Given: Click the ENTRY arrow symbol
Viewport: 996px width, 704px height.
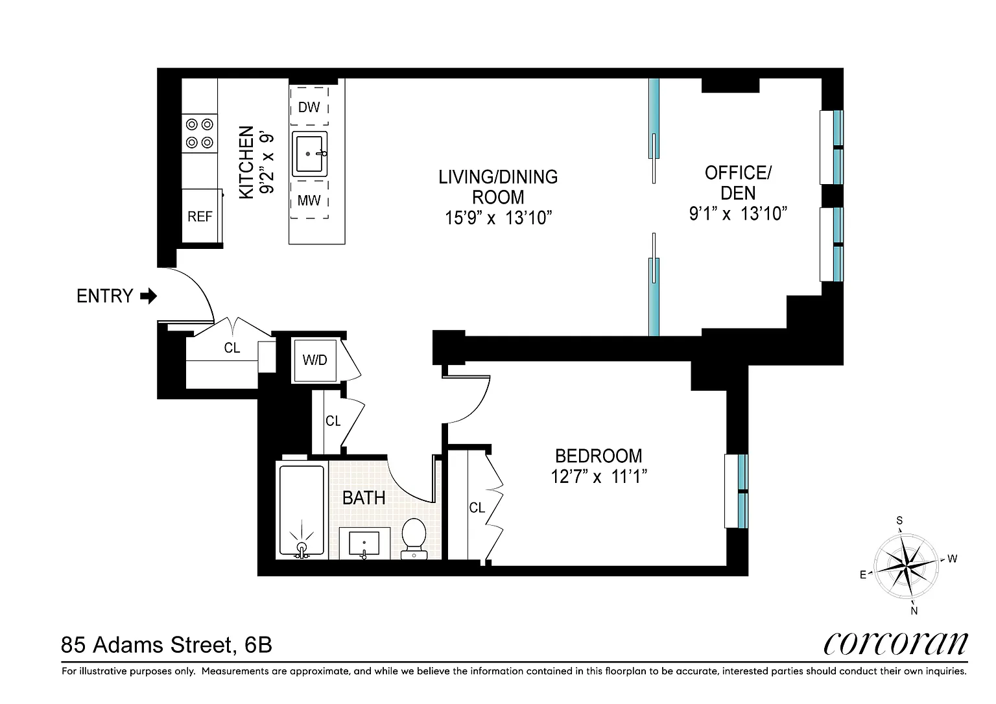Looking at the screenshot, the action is click(148, 296).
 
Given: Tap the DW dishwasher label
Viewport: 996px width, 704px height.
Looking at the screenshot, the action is click(309, 107).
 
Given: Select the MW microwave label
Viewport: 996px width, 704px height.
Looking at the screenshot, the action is click(309, 200).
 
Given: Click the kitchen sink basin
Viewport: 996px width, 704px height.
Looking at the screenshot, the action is click(309, 154).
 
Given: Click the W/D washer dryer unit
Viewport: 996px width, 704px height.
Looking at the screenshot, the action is click(314, 360).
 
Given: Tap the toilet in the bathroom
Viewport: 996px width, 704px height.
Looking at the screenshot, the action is click(414, 539).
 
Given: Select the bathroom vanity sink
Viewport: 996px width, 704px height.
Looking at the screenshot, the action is click(364, 543).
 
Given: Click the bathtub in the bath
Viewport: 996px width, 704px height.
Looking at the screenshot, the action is click(302, 510).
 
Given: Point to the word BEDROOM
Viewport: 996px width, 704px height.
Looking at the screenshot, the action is click(599, 456).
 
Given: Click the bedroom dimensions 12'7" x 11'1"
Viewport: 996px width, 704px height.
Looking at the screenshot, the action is click(599, 477).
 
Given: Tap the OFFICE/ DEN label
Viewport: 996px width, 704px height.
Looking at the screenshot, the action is click(738, 183).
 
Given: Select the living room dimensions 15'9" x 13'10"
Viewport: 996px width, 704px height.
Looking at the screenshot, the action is click(499, 218).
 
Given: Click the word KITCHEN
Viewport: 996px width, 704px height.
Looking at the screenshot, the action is click(246, 162).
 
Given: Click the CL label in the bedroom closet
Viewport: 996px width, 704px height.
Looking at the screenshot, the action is click(477, 508).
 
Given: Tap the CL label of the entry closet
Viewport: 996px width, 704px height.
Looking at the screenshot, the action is click(232, 347).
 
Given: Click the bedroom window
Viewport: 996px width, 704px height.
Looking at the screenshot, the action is click(737, 491).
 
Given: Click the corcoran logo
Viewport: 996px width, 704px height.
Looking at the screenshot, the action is click(895, 644).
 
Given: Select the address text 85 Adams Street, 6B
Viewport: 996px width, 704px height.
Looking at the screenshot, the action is click(166, 645).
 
